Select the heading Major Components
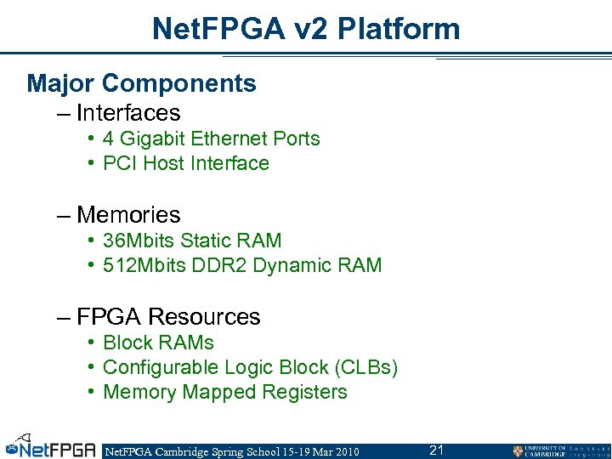(x=141, y=83)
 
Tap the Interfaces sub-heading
(x=128, y=112)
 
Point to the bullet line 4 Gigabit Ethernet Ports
(x=211, y=139)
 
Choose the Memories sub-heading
(x=128, y=214)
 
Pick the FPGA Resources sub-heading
(x=168, y=316)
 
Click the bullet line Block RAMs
(x=158, y=343)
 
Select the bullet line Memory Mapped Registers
(x=224, y=392)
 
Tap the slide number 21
(x=437, y=450)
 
